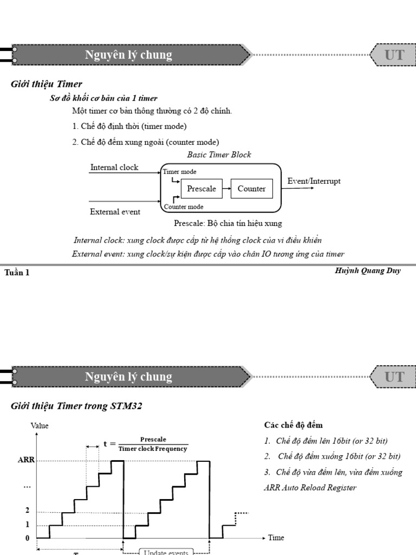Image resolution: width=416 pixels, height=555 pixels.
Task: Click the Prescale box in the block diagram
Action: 201,189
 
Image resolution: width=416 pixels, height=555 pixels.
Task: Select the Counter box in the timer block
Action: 251,189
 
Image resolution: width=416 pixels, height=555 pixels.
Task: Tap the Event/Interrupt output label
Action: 314,181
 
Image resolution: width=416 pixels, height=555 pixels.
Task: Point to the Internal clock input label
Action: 114,167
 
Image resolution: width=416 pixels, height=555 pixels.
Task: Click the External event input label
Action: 115,212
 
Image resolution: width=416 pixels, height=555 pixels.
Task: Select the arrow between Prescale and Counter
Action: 227,189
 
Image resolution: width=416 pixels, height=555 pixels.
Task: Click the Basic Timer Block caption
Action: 219,154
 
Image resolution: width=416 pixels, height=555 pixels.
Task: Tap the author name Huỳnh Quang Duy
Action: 368,270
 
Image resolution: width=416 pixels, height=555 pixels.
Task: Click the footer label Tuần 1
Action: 17,273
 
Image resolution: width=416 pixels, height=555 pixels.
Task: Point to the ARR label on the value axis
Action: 26,460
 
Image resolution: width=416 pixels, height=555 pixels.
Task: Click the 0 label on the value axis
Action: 27,538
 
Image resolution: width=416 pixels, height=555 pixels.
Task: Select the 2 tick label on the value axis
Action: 27,511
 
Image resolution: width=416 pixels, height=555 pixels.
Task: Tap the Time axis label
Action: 276,538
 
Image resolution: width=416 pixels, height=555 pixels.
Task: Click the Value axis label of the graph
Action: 40,425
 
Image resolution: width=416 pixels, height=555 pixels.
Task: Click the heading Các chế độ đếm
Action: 293,425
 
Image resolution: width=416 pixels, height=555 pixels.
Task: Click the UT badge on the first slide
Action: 394,55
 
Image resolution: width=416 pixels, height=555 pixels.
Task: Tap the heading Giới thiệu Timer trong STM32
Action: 76,405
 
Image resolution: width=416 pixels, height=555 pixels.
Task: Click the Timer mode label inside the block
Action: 179,172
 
